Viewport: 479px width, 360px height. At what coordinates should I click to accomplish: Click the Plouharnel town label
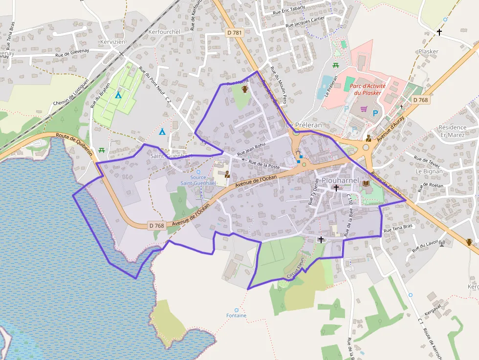click(337, 180)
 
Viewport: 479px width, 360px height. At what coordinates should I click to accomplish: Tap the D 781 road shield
click(235, 32)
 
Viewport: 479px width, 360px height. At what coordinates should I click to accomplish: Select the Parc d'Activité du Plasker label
click(368, 89)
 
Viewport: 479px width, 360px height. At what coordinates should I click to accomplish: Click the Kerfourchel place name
click(164, 32)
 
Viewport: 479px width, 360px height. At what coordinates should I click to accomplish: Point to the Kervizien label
click(112, 42)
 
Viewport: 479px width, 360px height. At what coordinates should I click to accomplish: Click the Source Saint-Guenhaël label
click(198, 180)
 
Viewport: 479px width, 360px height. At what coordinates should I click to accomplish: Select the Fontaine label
click(237, 316)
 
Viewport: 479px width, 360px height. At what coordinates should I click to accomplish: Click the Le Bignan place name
click(429, 171)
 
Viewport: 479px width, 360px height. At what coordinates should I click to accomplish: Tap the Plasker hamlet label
click(429, 51)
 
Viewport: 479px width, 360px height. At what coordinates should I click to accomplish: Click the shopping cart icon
click(364, 109)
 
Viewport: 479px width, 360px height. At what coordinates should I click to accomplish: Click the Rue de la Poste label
click(264, 164)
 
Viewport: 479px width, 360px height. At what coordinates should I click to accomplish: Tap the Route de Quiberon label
click(75, 145)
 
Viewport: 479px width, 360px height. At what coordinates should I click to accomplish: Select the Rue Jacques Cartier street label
click(305, 22)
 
